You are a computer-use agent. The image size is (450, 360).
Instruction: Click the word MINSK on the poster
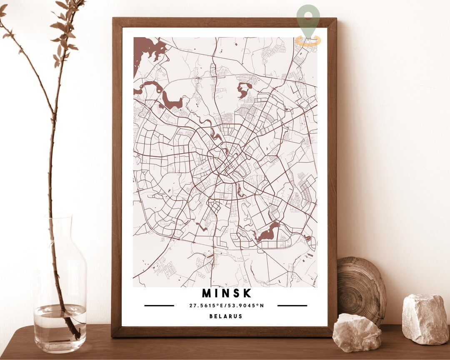tap(227, 293)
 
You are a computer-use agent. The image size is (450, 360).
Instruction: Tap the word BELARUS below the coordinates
tap(226, 316)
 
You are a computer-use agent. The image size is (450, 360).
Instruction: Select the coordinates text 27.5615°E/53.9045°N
tap(227, 305)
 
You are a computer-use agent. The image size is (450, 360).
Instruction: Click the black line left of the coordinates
tap(159, 305)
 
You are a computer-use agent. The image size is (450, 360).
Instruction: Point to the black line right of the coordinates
tap(292, 305)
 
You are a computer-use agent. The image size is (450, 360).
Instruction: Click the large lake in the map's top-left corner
tap(146, 50)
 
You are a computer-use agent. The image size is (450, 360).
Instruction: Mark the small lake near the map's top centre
tap(244, 90)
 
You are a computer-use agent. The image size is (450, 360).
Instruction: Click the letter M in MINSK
tap(207, 293)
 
